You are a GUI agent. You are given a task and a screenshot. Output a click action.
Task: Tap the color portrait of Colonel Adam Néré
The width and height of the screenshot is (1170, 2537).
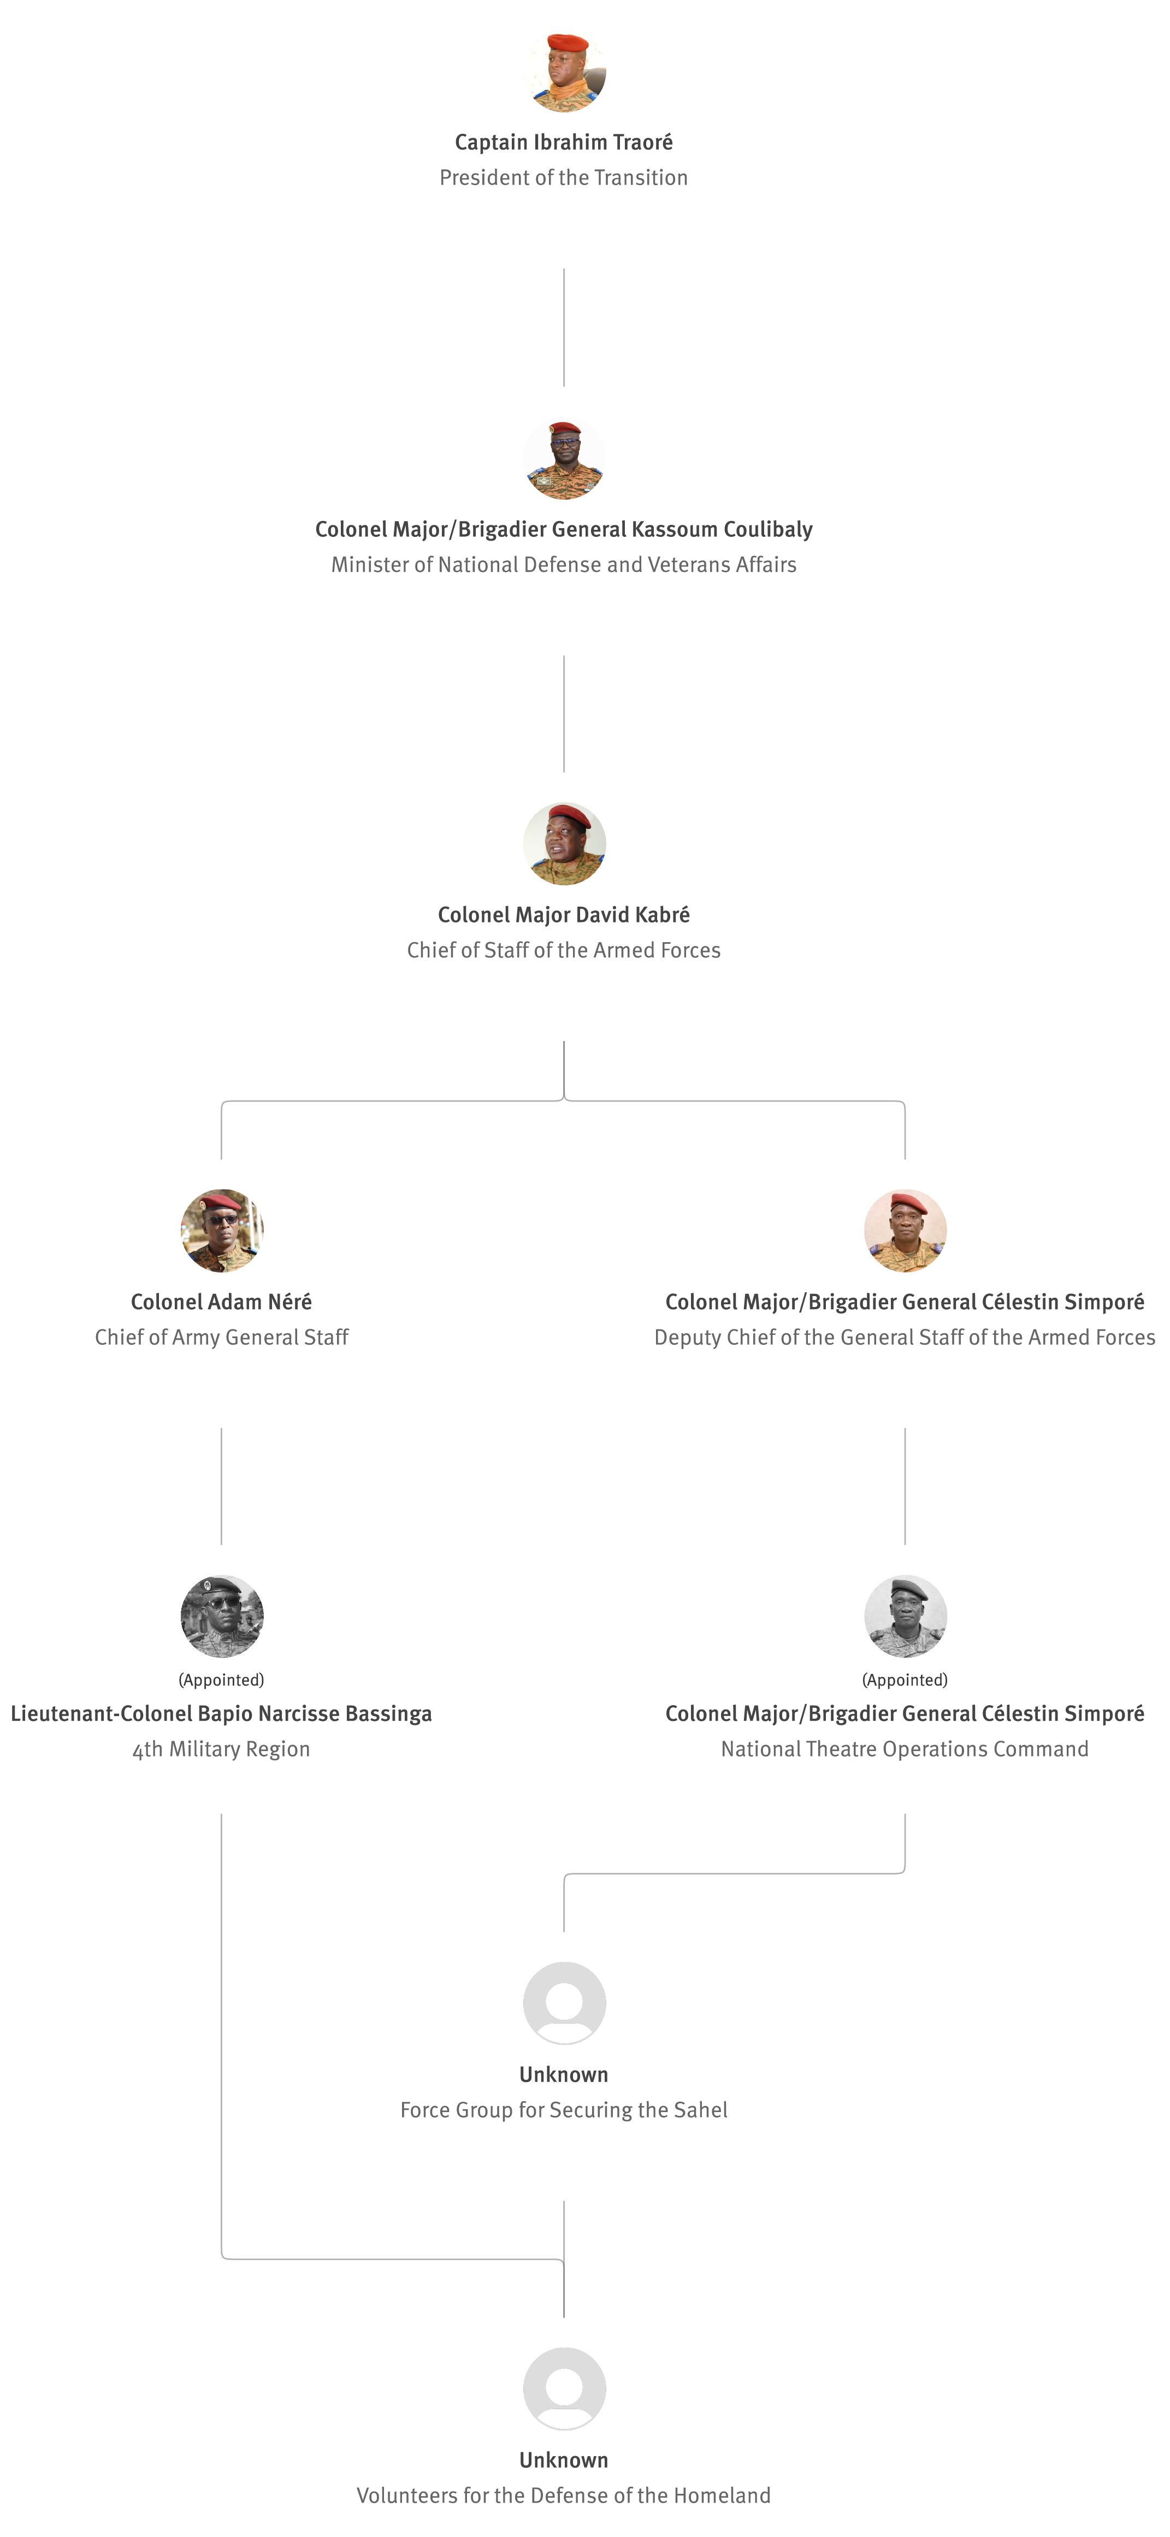click(x=222, y=1230)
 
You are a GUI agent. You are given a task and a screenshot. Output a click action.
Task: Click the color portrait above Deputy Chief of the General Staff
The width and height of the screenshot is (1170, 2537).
click(x=905, y=1230)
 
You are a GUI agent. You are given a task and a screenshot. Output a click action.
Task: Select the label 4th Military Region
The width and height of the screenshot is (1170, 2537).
click(x=222, y=1749)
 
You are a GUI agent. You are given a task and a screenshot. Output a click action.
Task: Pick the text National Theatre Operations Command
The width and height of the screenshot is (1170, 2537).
click(x=905, y=1749)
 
